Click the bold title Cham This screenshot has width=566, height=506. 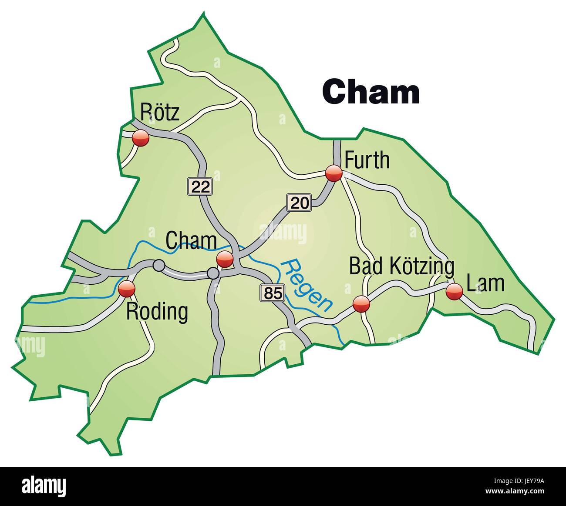(x=371, y=92)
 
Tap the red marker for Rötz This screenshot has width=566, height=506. (x=141, y=139)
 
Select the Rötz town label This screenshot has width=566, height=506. (x=160, y=112)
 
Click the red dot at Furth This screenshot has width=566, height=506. (x=334, y=173)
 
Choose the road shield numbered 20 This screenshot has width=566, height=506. (x=299, y=202)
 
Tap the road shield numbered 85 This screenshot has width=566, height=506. (x=273, y=293)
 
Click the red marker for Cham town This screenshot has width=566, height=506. (x=225, y=259)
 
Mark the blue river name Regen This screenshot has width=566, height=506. (x=306, y=285)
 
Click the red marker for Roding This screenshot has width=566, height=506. (x=127, y=288)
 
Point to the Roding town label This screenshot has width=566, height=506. (x=157, y=312)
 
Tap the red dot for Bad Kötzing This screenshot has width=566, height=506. (x=361, y=303)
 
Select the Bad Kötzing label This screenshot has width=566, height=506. (x=402, y=266)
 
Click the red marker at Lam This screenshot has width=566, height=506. (x=454, y=291)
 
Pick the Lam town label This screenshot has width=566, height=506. (x=485, y=283)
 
